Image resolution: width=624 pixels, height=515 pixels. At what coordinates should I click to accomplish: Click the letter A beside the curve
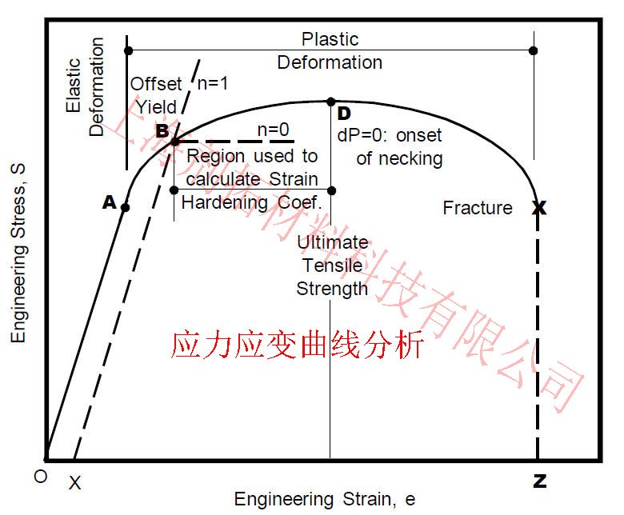pos(110,203)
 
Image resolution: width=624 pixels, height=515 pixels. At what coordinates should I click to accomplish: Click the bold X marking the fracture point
pos(539,208)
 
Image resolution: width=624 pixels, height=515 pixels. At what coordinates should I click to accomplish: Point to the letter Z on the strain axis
pos(539,481)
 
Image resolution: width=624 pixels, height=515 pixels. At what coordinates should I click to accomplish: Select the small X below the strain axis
pos(74,483)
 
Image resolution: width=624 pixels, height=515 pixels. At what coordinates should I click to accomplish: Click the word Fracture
pos(478,208)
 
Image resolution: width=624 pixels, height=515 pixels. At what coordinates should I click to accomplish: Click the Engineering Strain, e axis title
pos(325,500)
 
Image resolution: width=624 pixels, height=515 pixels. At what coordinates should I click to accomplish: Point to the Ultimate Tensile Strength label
pos(332,265)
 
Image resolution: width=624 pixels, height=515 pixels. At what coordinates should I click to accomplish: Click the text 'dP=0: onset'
pos(389,135)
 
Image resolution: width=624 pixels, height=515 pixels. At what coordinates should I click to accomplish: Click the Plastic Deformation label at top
pos(330,50)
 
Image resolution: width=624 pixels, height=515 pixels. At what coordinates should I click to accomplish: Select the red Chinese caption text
pos(296,346)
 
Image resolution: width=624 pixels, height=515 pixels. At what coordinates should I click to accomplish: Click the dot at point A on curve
pos(125,207)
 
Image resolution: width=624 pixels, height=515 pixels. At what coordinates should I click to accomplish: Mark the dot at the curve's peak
pos(330,102)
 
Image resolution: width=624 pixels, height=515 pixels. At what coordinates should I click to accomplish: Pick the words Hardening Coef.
pos(251,202)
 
